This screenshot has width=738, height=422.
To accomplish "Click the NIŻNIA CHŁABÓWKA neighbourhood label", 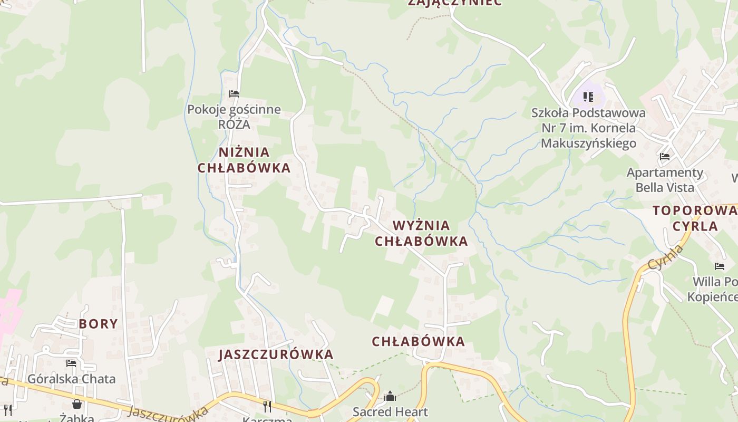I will click(244, 160).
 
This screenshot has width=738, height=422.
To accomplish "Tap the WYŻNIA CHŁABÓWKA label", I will click(421, 233).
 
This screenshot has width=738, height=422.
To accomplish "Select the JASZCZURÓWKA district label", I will click(276, 354).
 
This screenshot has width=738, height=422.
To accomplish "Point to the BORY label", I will click(99, 324).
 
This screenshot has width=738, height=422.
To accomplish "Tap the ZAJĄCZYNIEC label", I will click(455, 3).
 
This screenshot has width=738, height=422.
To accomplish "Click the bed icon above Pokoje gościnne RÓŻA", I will click(234, 94).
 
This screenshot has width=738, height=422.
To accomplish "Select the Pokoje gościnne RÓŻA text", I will click(234, 117).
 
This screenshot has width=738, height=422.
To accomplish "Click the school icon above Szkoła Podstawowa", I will click(588, 97).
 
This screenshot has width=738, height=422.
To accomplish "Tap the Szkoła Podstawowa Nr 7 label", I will click(588, 128).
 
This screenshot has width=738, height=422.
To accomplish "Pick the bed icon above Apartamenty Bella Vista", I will click(665, 157).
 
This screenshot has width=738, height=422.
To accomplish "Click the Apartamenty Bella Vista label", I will click(665, 180).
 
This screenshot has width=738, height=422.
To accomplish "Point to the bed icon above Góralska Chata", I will click(71, 363).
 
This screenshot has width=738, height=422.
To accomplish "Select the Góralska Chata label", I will click(71, 379).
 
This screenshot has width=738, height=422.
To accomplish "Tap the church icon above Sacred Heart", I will click(390, 396).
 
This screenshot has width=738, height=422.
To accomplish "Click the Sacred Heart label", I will click(390, 411).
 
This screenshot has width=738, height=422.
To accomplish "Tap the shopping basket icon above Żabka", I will click(77, 404).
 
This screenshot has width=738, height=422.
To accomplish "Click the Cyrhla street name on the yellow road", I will click(665, 257).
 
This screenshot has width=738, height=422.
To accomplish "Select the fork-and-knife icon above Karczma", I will click(267, 406).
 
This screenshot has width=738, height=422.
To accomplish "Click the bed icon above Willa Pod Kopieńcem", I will click(720, 266).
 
